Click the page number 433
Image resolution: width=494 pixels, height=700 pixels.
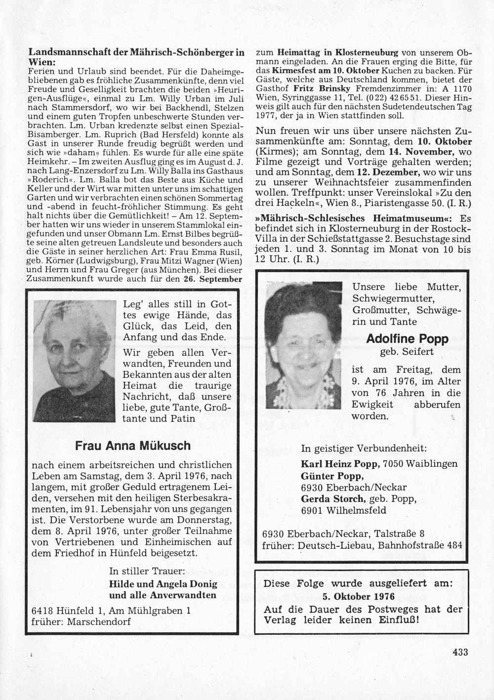pyautogui.click(x=460, y=652)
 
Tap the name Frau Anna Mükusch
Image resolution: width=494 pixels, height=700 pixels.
pyautogui.click(x=132, y=446)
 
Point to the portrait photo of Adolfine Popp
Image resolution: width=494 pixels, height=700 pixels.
pyautogui.click(x=303, y=341)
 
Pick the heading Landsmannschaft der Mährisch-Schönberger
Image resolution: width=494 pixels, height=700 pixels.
pyautogui.click(x=136, y=51)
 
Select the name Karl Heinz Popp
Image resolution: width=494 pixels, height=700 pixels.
pyautogui.click(x=340, y=464)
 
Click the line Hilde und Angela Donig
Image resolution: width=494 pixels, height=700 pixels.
pyautogui.click(x=163, y=583)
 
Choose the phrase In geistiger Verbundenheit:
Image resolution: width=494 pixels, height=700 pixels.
pyautogui.click(x=364, y=449)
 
